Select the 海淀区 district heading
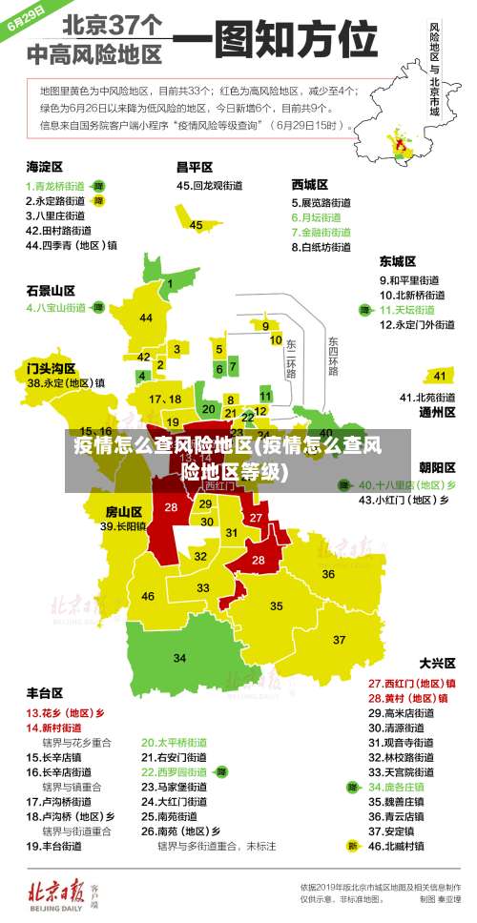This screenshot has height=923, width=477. pyautogui.click(x=45, y=166)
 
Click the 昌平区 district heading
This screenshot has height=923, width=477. pyautogui.click(x=194, y=166)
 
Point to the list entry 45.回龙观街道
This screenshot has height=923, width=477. pyautogui.click(x=211, y=185)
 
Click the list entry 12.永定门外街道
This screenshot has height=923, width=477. pyautogui.click(x=417, y=324)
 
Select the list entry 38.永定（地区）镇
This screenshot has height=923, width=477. pyautogui.click(x=66, y=382)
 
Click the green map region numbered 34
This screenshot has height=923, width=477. pyautogui.click(x=179, y=657)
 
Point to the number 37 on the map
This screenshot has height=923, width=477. pyautogui.click(x=339, y=639)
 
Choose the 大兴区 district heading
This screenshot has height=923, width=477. pyautogui.click(x=437, y=662)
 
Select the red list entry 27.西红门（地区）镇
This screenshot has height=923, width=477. pyautogui.click(x=411, y=683)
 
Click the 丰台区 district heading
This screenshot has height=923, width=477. pyautogui.click(x=45, y=692)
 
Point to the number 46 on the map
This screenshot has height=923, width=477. pyautogui.click(x=148, y=596)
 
